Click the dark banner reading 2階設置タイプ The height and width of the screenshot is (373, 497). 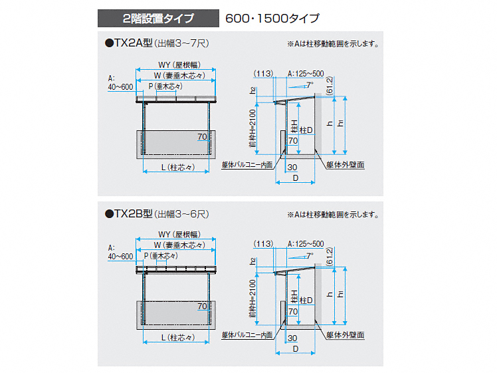157,17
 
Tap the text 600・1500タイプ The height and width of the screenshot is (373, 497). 272,17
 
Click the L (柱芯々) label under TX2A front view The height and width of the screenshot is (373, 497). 177,168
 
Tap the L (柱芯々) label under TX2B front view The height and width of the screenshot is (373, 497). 177,337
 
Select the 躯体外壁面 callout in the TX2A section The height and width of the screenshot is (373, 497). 346,164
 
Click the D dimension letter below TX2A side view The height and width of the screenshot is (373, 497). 296,178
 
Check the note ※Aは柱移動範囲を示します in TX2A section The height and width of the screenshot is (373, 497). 333,45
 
